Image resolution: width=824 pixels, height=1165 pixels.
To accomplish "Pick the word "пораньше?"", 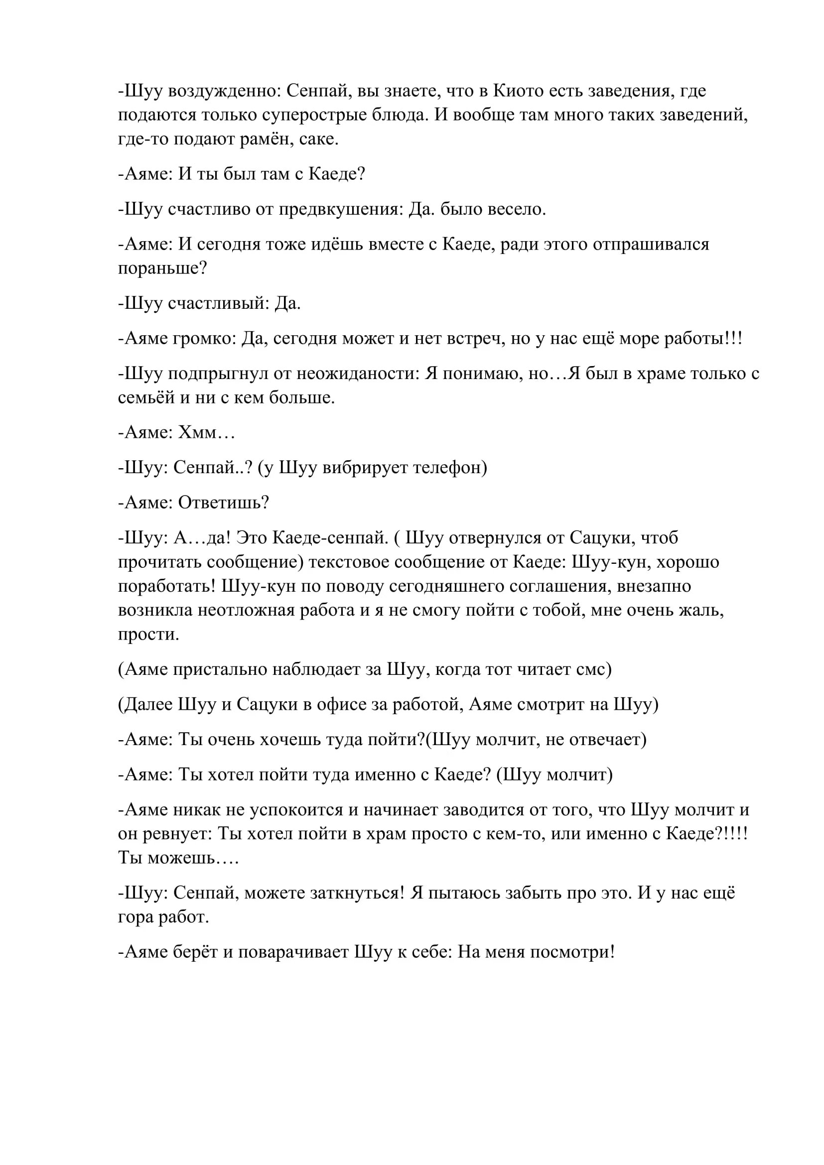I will pyautogui.click(x=162, y=268).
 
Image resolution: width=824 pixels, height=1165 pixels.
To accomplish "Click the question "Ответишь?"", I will pyautogui.click(x=223, y=503).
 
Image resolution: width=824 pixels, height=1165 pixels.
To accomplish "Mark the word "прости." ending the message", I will pyautogui.click(x=148, y=634).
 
